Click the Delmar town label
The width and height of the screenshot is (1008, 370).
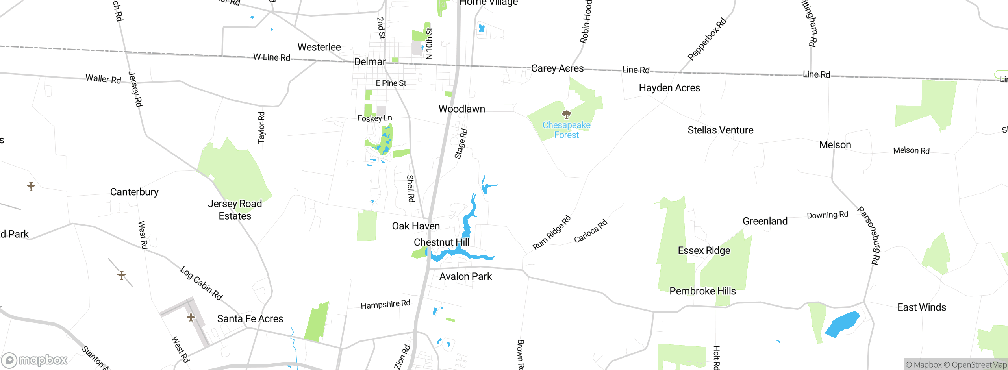point(370,62)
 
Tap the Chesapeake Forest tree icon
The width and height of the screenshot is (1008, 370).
point(567,115)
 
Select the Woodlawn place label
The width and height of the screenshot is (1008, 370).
point(461,109)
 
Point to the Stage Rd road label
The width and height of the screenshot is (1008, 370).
point(461,144)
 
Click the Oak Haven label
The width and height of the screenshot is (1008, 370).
point(416,226)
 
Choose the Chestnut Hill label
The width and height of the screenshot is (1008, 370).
point(441,242)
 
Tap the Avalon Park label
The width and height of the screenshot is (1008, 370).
point(465,276)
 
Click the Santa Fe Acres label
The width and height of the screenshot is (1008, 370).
point(250,318)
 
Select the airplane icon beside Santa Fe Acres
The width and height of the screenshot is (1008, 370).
point(191,317)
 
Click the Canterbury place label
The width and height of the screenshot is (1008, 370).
point(134,192)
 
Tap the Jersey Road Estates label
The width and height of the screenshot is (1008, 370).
point(235,209)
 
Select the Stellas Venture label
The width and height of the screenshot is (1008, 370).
point(720,130)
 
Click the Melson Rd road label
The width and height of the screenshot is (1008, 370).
point(911,150)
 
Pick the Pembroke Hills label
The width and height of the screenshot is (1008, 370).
point(702,291)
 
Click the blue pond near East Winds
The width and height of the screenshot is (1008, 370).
point(842,324)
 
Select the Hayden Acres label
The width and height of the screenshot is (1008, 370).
point(669,88)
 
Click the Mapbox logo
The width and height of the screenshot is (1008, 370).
point(35,360)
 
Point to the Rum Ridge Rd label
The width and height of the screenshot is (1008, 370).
point(552,233)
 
